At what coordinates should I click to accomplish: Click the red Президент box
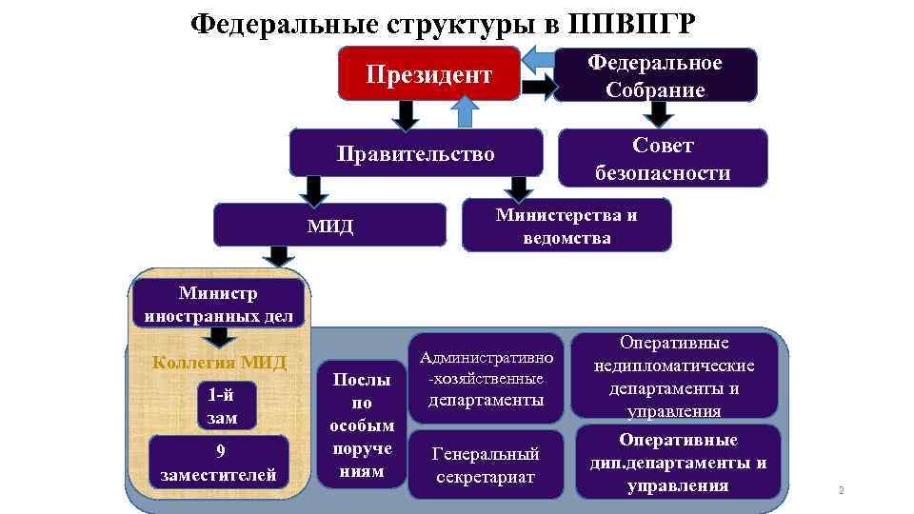pos(429,74)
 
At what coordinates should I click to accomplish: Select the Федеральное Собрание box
pos(655,75)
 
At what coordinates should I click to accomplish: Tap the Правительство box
pos(416,153)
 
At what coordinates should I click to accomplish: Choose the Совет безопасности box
pos(663,159)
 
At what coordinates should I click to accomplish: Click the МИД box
pos(329,225)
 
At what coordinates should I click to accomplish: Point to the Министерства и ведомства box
pos(566,226)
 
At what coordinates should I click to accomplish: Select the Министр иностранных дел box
pos(220,305)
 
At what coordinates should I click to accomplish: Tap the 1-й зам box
pos(219,406)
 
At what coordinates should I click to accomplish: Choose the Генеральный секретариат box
pos(486,465)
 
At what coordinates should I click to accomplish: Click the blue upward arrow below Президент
pos(465,113)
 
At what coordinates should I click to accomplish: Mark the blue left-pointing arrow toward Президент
pos(540,58)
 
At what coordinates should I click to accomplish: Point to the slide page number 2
pos(841,491)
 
